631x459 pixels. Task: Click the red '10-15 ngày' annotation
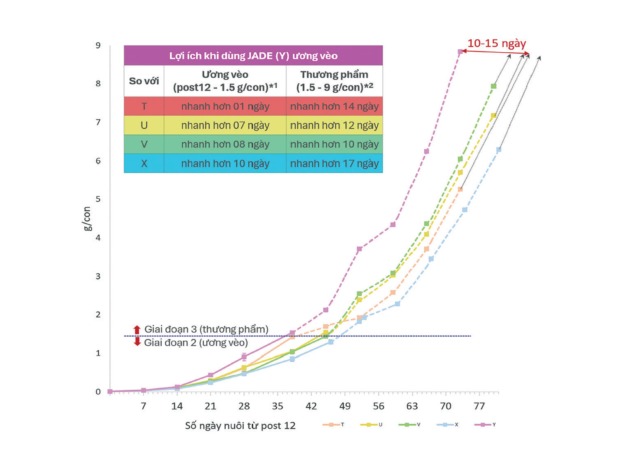pyautogui.click(x=496, y=43)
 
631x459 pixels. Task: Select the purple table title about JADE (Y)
pyautogui.click(x=253, y=56)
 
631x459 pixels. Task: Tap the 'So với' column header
pyautogui.click(x=144, y=81)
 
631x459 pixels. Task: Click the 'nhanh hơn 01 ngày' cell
pyautogui.click(x=225, y=106)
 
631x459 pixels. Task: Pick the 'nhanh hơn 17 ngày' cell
pyautogui.click(x=334, y=163)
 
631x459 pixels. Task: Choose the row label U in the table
pyautogui.click(x=144, y=125)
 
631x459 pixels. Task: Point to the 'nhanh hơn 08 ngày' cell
pyautogui.click(x=225, y=144)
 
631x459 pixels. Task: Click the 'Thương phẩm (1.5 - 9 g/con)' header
pyautogui.click(x=334, y=81)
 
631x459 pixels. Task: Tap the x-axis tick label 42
pyautogui.click(x=311, y=406)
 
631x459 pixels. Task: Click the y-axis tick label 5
pyautogui.click(x=98, y=199)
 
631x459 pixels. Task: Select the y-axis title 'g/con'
pyautogui.click(x=87, y=219)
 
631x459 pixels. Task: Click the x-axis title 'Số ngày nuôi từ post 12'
pyautogui.click(x=240, y=426)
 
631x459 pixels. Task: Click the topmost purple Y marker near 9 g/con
pyautogui.click(x=460, y=51)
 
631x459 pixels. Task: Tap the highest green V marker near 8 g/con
pyautogui.click(x=494, y=86)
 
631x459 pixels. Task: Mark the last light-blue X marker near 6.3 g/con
pyautogui.click(x=498, y=150)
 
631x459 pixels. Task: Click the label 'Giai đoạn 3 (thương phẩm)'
pyautogui.click(x=206, y=329)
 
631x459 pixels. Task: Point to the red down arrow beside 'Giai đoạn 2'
pyautogui.click(x=137, y=342)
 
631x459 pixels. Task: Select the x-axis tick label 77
pyautogui.click(x=479, y=406)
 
